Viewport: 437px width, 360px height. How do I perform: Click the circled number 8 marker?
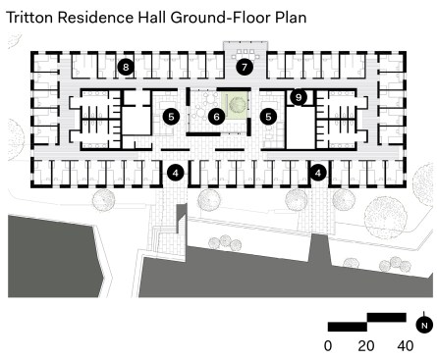126,68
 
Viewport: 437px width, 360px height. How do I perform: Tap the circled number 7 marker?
245,68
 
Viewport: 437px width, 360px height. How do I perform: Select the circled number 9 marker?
299,97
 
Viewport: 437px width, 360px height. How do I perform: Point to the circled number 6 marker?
216,117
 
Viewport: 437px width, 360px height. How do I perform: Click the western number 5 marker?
171,117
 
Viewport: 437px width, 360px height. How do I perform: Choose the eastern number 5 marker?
268,117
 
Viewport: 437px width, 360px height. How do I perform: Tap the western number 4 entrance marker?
176,173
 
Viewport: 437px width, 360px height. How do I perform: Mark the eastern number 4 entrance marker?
318,173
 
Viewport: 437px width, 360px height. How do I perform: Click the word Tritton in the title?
29,18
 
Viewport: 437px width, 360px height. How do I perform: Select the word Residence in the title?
95,18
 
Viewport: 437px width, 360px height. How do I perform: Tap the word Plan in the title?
291,18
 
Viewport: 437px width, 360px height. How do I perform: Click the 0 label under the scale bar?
328,346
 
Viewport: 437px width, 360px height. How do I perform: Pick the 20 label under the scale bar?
366,346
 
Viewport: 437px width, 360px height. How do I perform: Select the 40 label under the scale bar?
406,346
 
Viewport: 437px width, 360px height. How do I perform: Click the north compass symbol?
424,325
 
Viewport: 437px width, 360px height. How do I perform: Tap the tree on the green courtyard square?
237,105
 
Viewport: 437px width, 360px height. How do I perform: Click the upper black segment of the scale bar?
387,317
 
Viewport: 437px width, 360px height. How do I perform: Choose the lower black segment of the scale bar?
348,327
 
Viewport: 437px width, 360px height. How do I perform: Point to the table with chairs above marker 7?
246,54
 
